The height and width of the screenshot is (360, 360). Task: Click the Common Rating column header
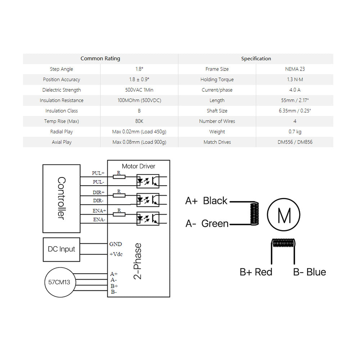click(x=100, y=59)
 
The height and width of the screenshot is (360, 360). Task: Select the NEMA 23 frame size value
click(x=294, y=69)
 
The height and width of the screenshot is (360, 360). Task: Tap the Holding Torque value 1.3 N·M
click(x=294, y=80)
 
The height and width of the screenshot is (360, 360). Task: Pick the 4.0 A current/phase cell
click(x=294, y=90)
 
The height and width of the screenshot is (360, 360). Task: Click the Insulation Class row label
click(x=62, y=111)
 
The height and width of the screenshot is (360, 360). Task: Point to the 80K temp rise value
click(x=139, y=121)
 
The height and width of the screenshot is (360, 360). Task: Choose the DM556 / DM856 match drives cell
click(x=294, y=142)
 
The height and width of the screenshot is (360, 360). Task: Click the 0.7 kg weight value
click(x=294, y=132)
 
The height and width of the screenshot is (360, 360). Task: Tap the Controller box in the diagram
click(x=62, y=198)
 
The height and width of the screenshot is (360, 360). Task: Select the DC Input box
click(x=62, y=249)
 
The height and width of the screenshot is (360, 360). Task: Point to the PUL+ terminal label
click(x=98, y=173)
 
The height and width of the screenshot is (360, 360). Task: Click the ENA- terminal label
click(x=99, y=220)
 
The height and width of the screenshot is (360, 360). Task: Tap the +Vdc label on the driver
click(x=116, y=254)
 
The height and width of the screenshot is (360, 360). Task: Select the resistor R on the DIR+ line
click(x=119, y=195)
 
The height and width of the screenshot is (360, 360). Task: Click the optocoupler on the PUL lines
click(x=148, y=181)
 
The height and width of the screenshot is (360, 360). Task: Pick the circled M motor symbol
click(x=284, y=216)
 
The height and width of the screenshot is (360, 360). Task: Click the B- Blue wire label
click(x=309, y=272)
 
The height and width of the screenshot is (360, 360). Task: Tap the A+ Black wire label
click(x=206, y=201)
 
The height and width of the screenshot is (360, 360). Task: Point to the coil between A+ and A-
click(x=255, y=213)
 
